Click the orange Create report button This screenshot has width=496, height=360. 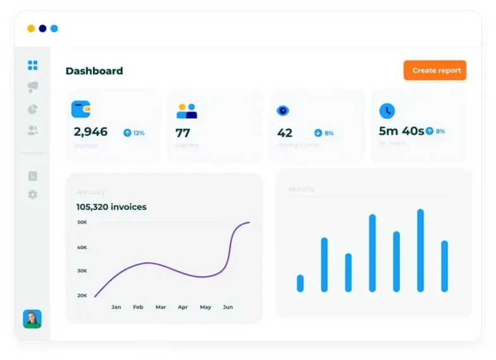click(x=435, y=70)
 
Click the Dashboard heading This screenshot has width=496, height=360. click(x=94, y=71)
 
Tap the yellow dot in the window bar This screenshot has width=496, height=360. click(x=31, y=28)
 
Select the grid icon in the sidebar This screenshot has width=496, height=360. click(x=33, y=65)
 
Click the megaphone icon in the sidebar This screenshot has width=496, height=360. click(x=33, y=87)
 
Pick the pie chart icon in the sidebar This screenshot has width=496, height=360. click(x=33, y=109)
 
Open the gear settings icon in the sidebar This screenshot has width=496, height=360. click(x=33, y=194)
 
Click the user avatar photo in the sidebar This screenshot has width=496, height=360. click(x=32, y=318)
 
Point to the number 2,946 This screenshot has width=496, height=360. click(x=90, y=132)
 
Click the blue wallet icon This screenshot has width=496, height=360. click(x=81, y=109)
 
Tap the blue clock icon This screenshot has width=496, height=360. click(x=387, y=111)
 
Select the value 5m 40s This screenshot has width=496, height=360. click(x=401, y=131)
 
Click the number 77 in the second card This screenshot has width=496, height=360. click(x=183, y=133)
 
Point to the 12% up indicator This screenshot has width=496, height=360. click(x=134, y=133)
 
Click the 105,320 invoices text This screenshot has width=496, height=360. click(x=111, y=207)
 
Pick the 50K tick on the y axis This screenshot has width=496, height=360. click(x=82, y=222)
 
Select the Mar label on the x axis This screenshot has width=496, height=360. click(x=161, y=307)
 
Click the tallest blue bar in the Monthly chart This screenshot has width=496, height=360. click(x=420, y=251)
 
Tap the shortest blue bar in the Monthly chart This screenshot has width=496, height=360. click(x=301, y=283)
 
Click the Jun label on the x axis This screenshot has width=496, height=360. click(x=228, y=307)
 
